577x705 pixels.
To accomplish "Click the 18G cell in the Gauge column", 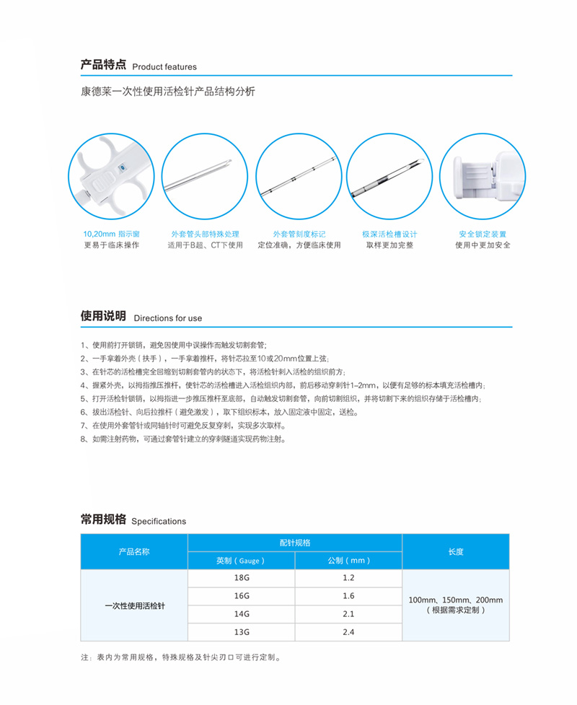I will (x=242, y=579).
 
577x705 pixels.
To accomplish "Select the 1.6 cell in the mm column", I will (x=348, y=596).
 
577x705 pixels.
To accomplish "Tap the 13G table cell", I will (x=242, y=631).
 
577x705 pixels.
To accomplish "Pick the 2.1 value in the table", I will (x=348, y=614).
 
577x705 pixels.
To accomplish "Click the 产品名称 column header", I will (x=134, y=551).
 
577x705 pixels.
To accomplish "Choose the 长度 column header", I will (x=456, y=551).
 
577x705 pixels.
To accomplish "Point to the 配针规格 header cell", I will (x=294, y=543).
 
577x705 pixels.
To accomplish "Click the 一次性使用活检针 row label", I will (x=134, y=605).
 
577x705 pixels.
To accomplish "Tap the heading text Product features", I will (x=164, y=67).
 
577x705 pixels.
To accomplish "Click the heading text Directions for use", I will (x=168, y=318).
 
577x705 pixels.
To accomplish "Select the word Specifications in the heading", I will (x=159, y=521).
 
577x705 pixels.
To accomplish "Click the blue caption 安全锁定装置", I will (x=483, y=235).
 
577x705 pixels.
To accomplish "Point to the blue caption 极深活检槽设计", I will (x=389, y=235).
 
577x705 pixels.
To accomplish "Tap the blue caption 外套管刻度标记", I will (x=299, y=235).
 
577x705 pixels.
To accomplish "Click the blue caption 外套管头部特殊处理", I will (x=205, y=235).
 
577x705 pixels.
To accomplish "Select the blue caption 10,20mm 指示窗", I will (x=112, y=235).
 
